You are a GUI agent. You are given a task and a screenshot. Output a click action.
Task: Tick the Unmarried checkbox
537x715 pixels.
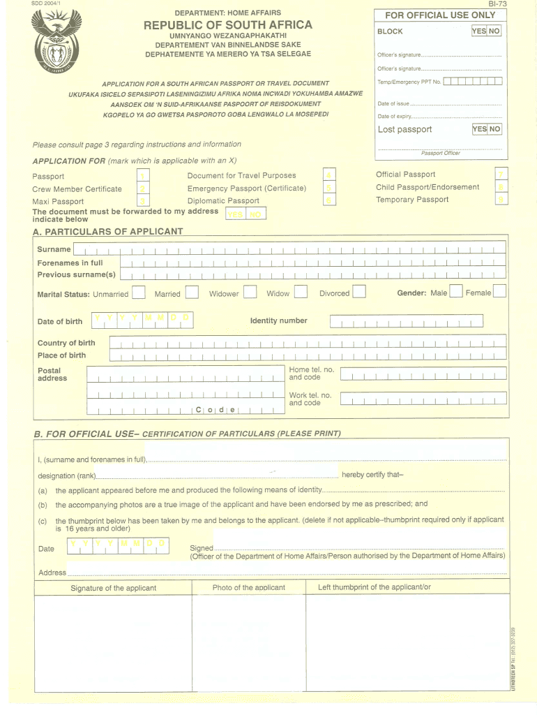click(138, 293)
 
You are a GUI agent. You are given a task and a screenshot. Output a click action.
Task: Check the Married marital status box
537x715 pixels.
click(191, 293)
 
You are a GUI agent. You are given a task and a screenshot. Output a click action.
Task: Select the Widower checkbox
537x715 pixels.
click(249, 293)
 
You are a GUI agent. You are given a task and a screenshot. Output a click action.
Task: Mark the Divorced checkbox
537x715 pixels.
click(358, 292)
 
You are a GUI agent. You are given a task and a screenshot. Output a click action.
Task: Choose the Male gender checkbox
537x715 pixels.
click(455, 292)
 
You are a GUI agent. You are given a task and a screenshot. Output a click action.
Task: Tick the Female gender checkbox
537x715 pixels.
click(499, 292)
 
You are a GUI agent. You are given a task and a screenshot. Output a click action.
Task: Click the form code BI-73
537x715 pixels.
click(497, 5)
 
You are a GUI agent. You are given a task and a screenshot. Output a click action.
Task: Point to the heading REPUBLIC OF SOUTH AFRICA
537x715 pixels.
click(228, 25)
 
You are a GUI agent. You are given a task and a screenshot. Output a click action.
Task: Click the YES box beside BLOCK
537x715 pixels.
click(479, 31)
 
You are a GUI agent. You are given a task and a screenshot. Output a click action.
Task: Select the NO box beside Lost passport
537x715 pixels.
click(494, 128)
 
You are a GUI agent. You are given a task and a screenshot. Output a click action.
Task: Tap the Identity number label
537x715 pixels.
click(278, 321)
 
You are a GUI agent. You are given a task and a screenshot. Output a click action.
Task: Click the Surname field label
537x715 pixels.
click(54, 249)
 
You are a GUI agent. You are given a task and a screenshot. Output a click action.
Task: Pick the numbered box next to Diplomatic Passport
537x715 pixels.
click(329, 200)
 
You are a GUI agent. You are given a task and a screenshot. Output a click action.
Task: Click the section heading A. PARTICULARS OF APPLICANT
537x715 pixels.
click(107, 231)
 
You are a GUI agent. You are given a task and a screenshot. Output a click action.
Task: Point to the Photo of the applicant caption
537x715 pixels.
click(248, 587)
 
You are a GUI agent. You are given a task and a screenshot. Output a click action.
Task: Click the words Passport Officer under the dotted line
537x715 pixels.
click(441, 153)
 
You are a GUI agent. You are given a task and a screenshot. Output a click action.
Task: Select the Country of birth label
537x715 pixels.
click(66, 343)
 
